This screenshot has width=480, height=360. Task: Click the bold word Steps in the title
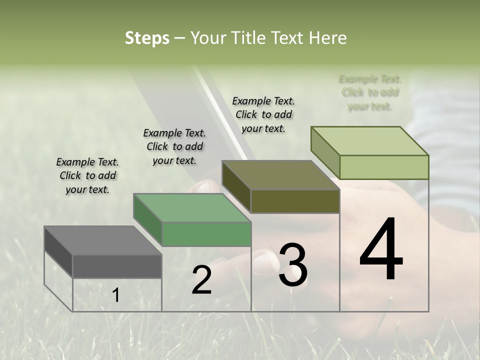pos(146,38)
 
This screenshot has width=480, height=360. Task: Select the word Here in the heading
pos(328,38)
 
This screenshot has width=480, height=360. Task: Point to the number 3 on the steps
pos(292,265)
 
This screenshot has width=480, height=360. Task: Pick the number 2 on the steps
pos(201,280)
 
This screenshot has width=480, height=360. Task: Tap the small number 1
pos(115,295)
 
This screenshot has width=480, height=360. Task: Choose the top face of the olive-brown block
pos(280,175)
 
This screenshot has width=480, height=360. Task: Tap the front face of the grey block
pos(117,266)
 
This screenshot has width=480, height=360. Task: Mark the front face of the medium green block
pos(206,234)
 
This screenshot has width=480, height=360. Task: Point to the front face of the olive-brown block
pos(295,201)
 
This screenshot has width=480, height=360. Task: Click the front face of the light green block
pos(384,167)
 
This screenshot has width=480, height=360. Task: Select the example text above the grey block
pos(87,175)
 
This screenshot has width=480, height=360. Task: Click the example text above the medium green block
pos(174,146)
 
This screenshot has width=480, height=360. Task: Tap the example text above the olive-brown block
pos(263,114)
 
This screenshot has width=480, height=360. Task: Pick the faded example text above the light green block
pos(370,92)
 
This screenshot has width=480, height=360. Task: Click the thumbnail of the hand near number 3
pos(264,261)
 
